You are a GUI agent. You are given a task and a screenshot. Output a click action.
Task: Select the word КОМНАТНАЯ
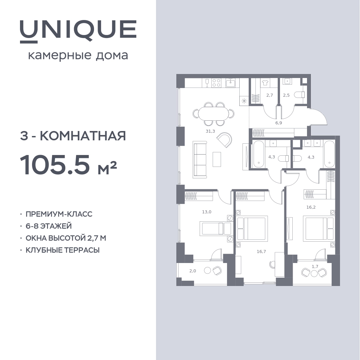click(x=83, y=136)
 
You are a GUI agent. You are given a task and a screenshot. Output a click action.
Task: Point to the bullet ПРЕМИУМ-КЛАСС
click(x=59, y=214)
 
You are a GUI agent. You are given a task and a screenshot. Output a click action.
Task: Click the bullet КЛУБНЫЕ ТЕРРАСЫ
click(x=62, y=250)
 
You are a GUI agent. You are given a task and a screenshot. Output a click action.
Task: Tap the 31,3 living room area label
click(x=210, y=131)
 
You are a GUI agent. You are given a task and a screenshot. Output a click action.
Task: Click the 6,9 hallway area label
click(x=278, y=123)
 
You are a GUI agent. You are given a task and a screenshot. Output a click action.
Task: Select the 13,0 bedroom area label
click(x=207, y=212)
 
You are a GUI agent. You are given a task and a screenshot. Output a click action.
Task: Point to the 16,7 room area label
click(x=261, y=252)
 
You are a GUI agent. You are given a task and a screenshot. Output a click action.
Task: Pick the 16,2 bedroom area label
click(x=311, y=207)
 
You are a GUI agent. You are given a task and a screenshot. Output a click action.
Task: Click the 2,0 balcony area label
click(x=193, y=271)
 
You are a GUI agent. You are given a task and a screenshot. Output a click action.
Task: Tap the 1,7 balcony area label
click(x=315, y=267)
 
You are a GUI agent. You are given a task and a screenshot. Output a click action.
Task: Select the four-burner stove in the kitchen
click(x=216, y=83)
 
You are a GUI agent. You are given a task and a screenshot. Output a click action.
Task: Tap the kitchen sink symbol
click(x=231, y=83)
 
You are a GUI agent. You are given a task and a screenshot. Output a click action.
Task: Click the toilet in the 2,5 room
click(x=300, y=95)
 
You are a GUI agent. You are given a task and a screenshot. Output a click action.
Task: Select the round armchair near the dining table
click(x=224, y=140)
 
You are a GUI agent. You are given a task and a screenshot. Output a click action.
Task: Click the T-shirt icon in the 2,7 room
click(x=265, y=83)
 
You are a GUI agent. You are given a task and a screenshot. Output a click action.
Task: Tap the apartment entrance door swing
click(x=319, y=117)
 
